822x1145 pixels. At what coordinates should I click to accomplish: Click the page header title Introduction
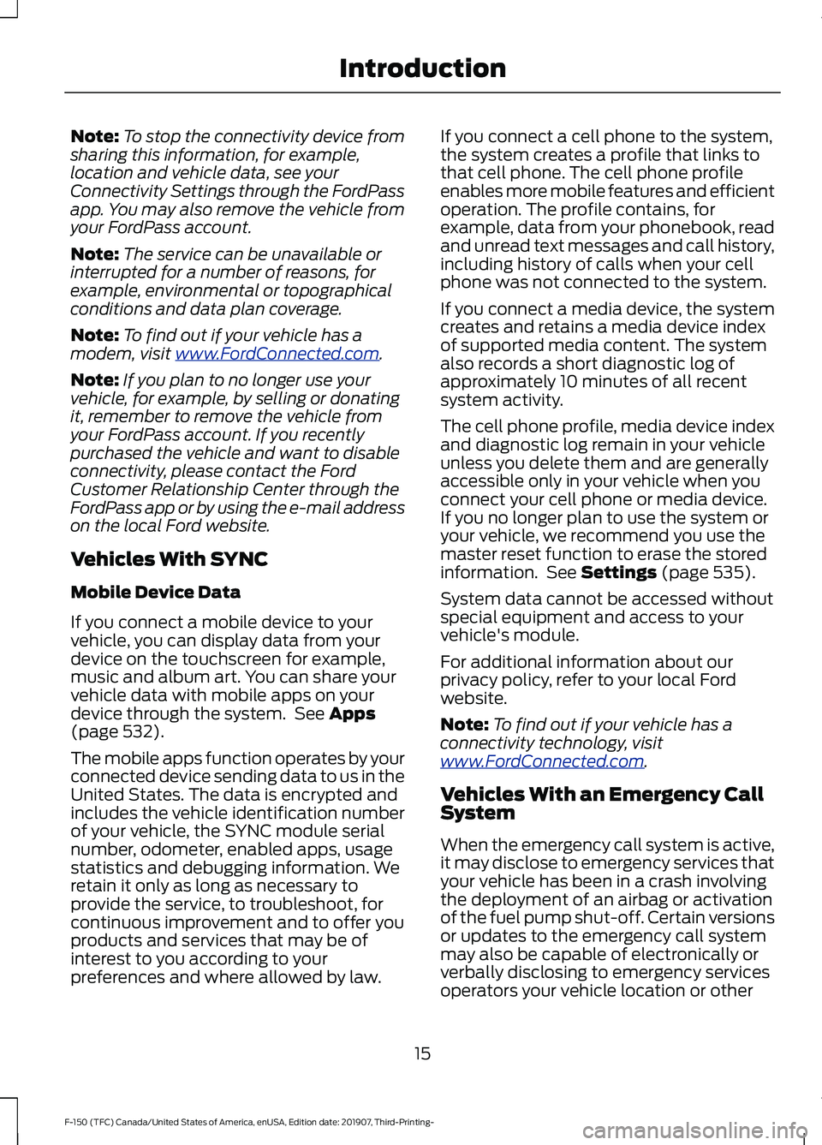[x=422, y=69]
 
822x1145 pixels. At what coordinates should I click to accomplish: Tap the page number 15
[x=422, y=1053]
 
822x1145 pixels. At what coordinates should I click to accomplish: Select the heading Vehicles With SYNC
[x=170, y=559]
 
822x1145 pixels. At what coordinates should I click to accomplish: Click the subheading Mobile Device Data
[x=156, y=593]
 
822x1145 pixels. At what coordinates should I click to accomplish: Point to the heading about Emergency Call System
[x=602, y=803]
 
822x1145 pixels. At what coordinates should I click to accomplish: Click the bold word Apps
[x=352, y=713]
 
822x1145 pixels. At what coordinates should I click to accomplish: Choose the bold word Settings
[x=618, y=572]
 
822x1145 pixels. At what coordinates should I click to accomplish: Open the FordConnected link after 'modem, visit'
[x=277, y=354]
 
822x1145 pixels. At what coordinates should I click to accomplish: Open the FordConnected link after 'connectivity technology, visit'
[x=542, y=761]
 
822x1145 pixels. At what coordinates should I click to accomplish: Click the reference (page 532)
[x=117, y=731]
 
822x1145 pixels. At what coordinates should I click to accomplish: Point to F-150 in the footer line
[x=77, y=1122]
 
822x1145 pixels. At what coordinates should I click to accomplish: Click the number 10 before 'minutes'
[x=569, y=381]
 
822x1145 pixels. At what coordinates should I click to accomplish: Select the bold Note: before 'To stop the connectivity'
[x=94, y=136]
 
